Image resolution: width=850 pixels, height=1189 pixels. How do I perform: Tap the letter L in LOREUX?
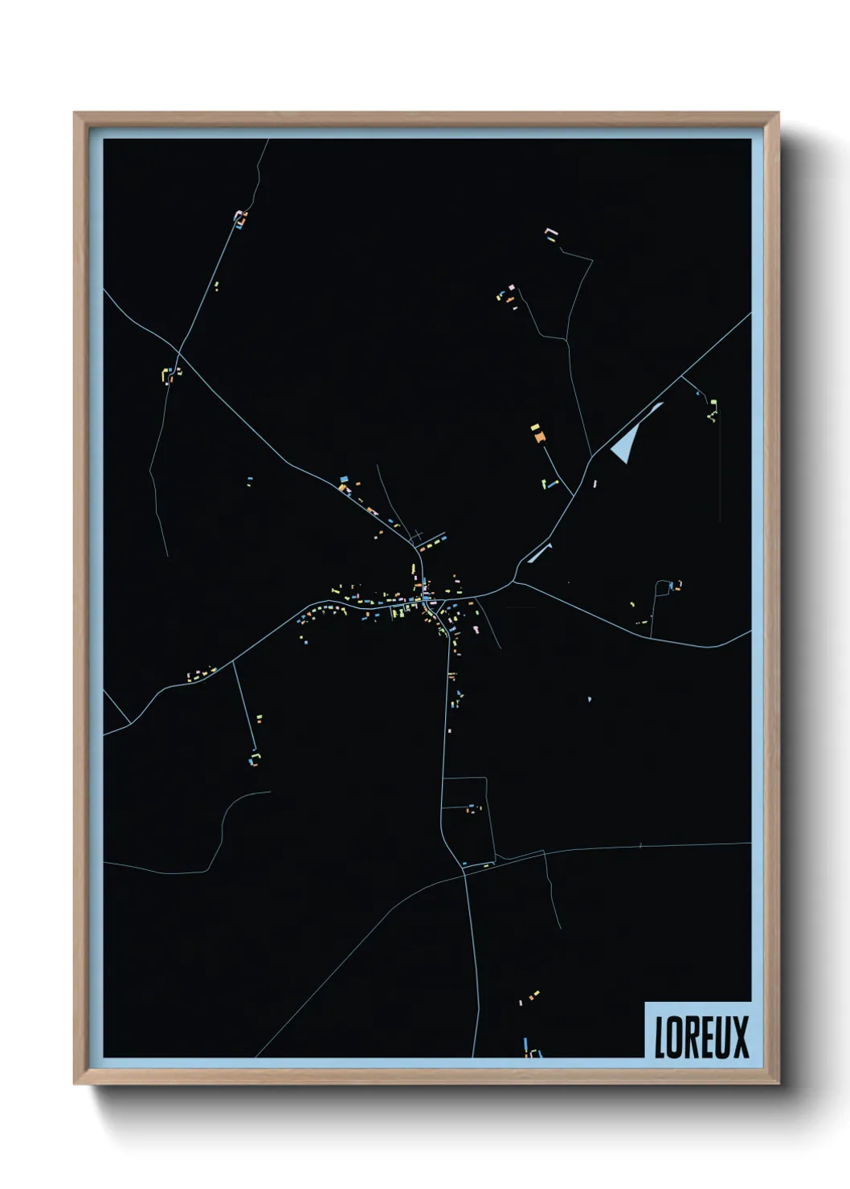coord(661,1037)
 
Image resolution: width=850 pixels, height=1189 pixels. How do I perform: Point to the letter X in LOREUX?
coord(740,1037)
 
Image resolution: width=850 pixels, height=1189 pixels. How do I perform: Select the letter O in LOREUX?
coord(676,1037)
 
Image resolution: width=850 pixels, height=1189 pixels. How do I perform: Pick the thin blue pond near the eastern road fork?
coord(539,553)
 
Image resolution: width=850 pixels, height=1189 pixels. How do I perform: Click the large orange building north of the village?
coord(538,436)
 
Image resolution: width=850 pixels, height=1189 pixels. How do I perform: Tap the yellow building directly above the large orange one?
coord(534,427)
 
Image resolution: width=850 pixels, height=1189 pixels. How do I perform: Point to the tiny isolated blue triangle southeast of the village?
coord(590,699)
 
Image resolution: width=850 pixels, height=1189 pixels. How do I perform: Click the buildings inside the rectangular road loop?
coord(473,808)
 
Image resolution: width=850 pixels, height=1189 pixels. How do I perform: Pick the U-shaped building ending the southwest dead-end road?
coord(255,758)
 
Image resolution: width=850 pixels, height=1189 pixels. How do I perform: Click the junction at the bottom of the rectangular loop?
coord(464,865)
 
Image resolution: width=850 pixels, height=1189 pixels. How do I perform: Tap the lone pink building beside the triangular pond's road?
coord(595,484)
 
